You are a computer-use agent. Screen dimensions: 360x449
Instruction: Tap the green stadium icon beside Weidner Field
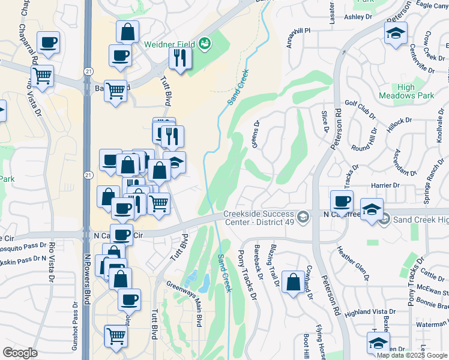204,43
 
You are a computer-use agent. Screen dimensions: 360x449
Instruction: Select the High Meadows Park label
406,91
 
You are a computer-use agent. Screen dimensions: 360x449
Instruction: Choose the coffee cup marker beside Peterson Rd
342,202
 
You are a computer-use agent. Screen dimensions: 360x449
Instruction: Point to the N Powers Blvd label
88,280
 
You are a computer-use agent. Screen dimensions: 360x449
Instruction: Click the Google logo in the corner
20,353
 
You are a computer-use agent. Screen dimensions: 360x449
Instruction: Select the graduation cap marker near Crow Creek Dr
396,35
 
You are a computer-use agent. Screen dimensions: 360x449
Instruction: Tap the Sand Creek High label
420,220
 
